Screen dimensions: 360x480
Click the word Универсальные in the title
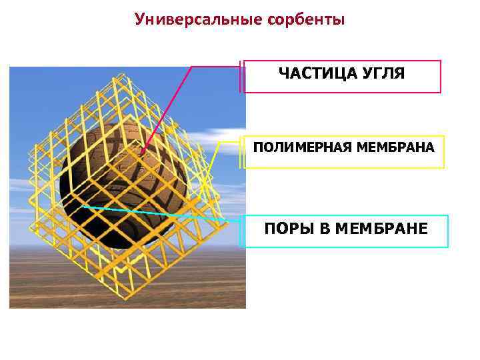coord(197,19)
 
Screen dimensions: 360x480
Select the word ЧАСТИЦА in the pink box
coord(310,73)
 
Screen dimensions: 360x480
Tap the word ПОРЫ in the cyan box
coord(287,229)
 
